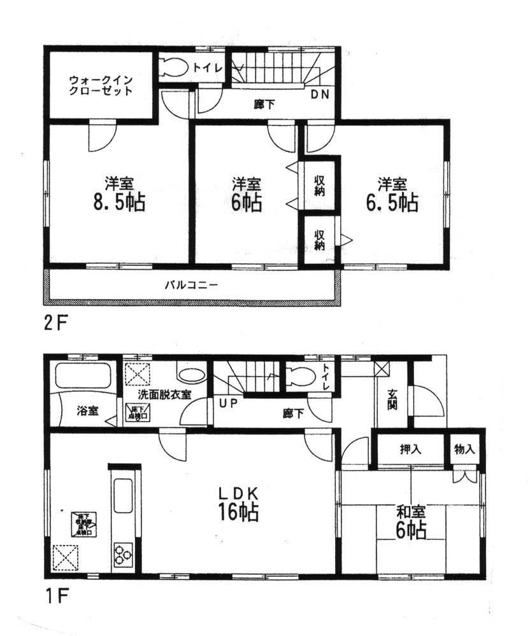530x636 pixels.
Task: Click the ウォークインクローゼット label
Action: (x=101, y=85)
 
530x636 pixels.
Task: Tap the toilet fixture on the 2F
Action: (x=175, y=66)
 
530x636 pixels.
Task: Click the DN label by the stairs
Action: (x=320, y=95)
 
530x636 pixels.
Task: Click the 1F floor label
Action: (x=55, y=597)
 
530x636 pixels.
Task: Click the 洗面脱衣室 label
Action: (x=166, y=394)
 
